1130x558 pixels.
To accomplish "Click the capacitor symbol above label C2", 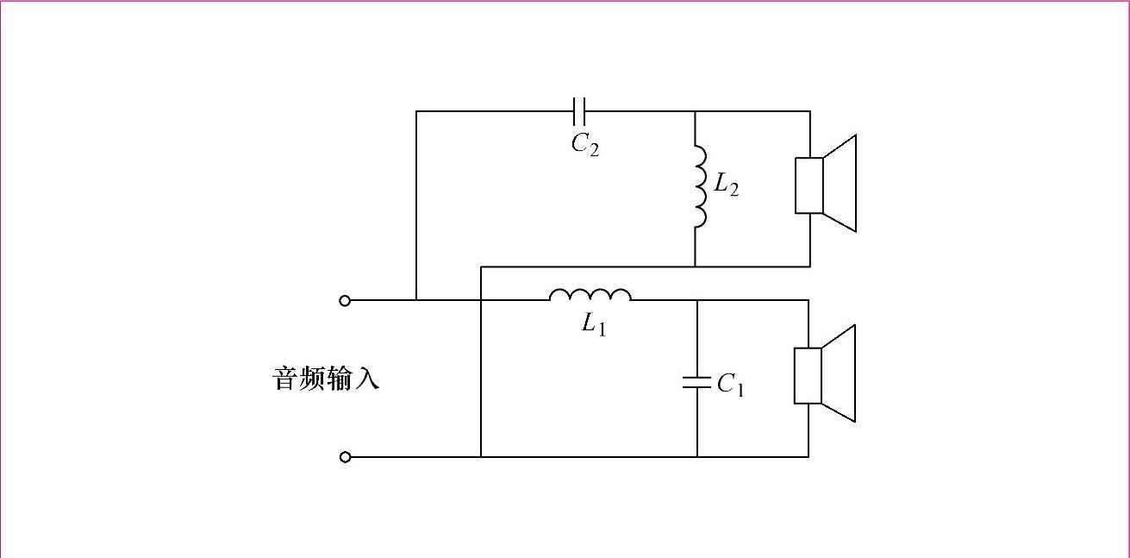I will (x=579, y=110).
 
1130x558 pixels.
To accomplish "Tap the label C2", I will (x=585, y=144).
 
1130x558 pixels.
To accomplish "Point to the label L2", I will (x=726, y=185).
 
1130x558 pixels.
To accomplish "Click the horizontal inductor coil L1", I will (x=590, y=296).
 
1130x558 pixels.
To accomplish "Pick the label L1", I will (x=593, y=325).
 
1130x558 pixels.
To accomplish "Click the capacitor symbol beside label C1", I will (x=696, y=382).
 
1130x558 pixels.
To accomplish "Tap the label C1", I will (x=730, y=385).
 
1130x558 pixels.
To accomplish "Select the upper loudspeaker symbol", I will (x=825, y=184).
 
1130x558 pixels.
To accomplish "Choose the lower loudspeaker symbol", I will (x=824, y=374).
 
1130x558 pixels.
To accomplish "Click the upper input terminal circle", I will (x=346, y=300).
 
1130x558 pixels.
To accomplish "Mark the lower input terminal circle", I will (x=346, y=457).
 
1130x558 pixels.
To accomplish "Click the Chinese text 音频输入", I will (x=326, y=379).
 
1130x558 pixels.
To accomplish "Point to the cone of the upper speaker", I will (x=840, y=184).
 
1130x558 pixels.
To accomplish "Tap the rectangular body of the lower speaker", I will (x=808, y=375).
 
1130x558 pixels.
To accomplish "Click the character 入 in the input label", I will (x=366, y=379).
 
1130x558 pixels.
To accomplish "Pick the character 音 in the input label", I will (x=285, y=379).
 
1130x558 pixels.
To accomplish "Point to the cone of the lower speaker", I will (x=839, y=374).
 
